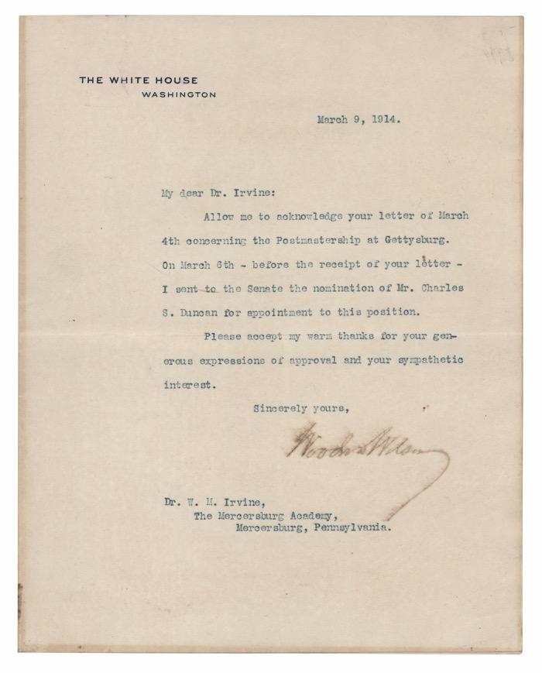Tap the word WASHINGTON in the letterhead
179,94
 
